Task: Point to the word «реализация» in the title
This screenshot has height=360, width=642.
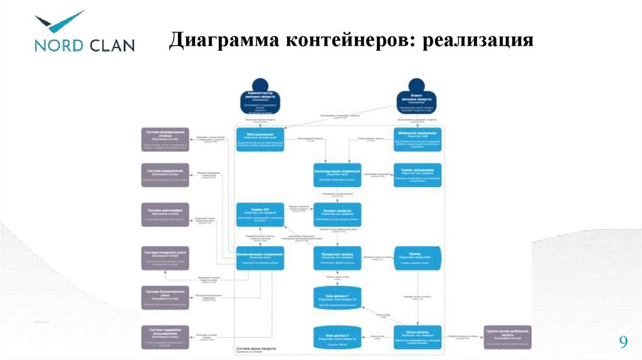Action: coord(478,41)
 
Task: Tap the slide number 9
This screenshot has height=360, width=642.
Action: coord(623,342)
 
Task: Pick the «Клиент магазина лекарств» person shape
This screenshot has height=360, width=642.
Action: coord(415,100)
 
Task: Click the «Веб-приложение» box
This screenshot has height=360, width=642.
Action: coord(260,139)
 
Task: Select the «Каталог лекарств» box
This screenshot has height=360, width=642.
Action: coord(337,214)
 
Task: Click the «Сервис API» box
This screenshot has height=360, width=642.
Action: coord(260,214)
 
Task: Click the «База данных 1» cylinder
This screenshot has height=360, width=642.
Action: coord(337,298)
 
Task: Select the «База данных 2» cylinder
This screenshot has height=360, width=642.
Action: coord(337,337)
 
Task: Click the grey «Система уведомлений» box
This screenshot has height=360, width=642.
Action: coord(166,175)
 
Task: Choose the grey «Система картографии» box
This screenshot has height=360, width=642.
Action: coord(166,214)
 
